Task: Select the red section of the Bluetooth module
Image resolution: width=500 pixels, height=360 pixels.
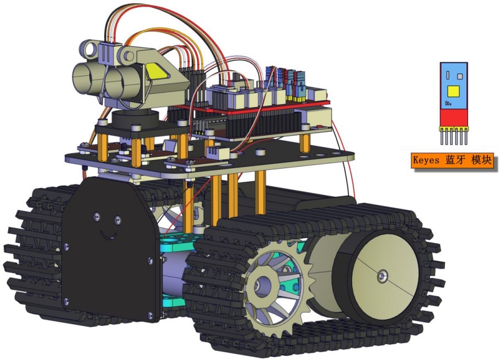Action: [454, 117]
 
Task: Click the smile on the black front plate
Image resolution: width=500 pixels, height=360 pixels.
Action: [107, 235]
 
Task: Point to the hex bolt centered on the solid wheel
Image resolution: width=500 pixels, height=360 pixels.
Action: [383, 276]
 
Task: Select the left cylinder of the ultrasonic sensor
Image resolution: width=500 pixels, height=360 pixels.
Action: [84, 78]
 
